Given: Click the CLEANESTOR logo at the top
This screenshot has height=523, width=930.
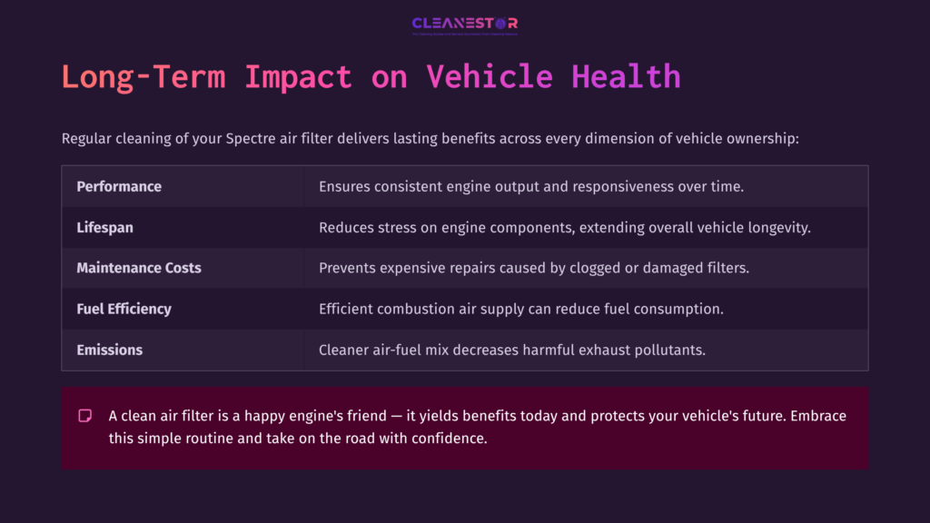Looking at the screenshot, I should [x=464, y=25].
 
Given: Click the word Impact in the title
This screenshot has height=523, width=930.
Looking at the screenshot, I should [x=297, y=76].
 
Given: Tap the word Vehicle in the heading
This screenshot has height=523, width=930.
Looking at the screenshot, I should [x=490, y=76].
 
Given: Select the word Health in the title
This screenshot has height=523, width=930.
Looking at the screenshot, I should [x=626, y=76].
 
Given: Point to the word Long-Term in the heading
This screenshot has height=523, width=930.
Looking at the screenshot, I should [x=143, y=76].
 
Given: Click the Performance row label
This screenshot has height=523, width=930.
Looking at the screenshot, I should [x=119, y=186].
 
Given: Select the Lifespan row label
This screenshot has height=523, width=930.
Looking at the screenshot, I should [x=104, y=227].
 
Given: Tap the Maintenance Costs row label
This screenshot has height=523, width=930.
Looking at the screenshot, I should [x=139, y=268].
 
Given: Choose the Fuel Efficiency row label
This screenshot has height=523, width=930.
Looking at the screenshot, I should [x=124, y=309].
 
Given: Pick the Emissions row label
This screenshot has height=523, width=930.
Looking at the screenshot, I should [x=109, y=350].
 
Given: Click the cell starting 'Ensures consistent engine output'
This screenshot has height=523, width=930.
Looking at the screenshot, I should [x=531, y=186].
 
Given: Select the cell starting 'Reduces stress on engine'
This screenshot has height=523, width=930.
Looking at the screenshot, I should [x=564, y=227].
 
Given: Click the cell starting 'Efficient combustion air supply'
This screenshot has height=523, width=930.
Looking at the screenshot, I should [x=520, y=309].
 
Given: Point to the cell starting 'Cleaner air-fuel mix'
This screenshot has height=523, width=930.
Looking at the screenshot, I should [x=511, y=350].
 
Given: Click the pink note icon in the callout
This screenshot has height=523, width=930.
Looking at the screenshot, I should [x=85, y=416].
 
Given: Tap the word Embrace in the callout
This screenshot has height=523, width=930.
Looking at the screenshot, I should [x=816, y=416].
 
